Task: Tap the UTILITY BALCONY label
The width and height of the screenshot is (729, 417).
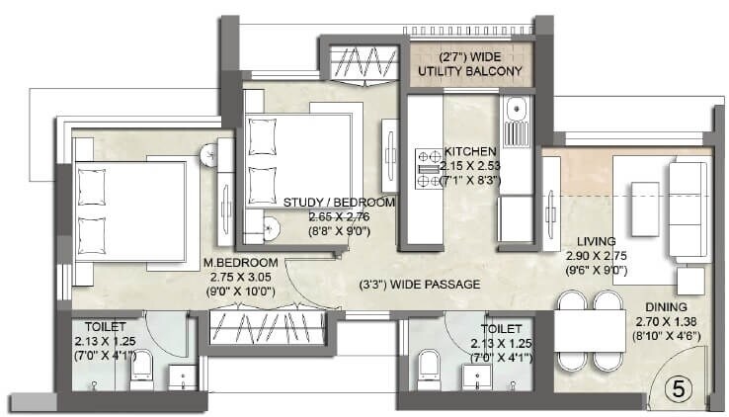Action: pos(468,70)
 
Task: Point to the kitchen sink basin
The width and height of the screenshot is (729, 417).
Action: pos(515,128)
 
